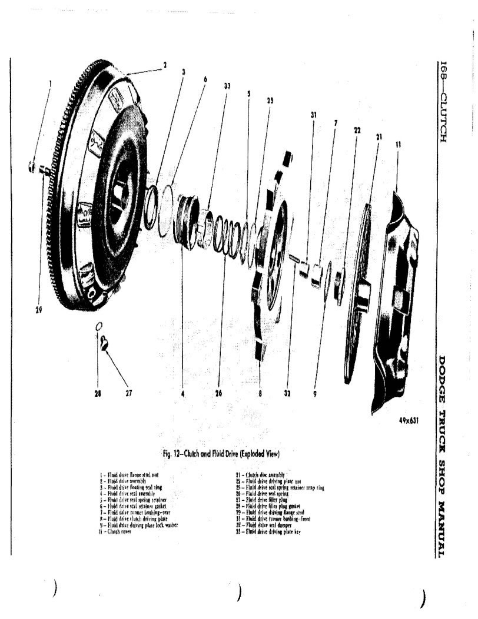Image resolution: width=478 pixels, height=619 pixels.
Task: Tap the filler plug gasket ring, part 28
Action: (x=99, y=326)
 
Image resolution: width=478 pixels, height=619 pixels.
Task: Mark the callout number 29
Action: (x=38, y=310)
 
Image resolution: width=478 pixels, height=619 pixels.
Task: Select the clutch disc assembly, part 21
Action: (x=359, y=294)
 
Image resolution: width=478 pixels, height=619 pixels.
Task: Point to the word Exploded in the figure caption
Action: (x=246, y=454)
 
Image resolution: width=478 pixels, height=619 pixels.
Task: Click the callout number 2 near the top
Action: (x=165, y=65)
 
